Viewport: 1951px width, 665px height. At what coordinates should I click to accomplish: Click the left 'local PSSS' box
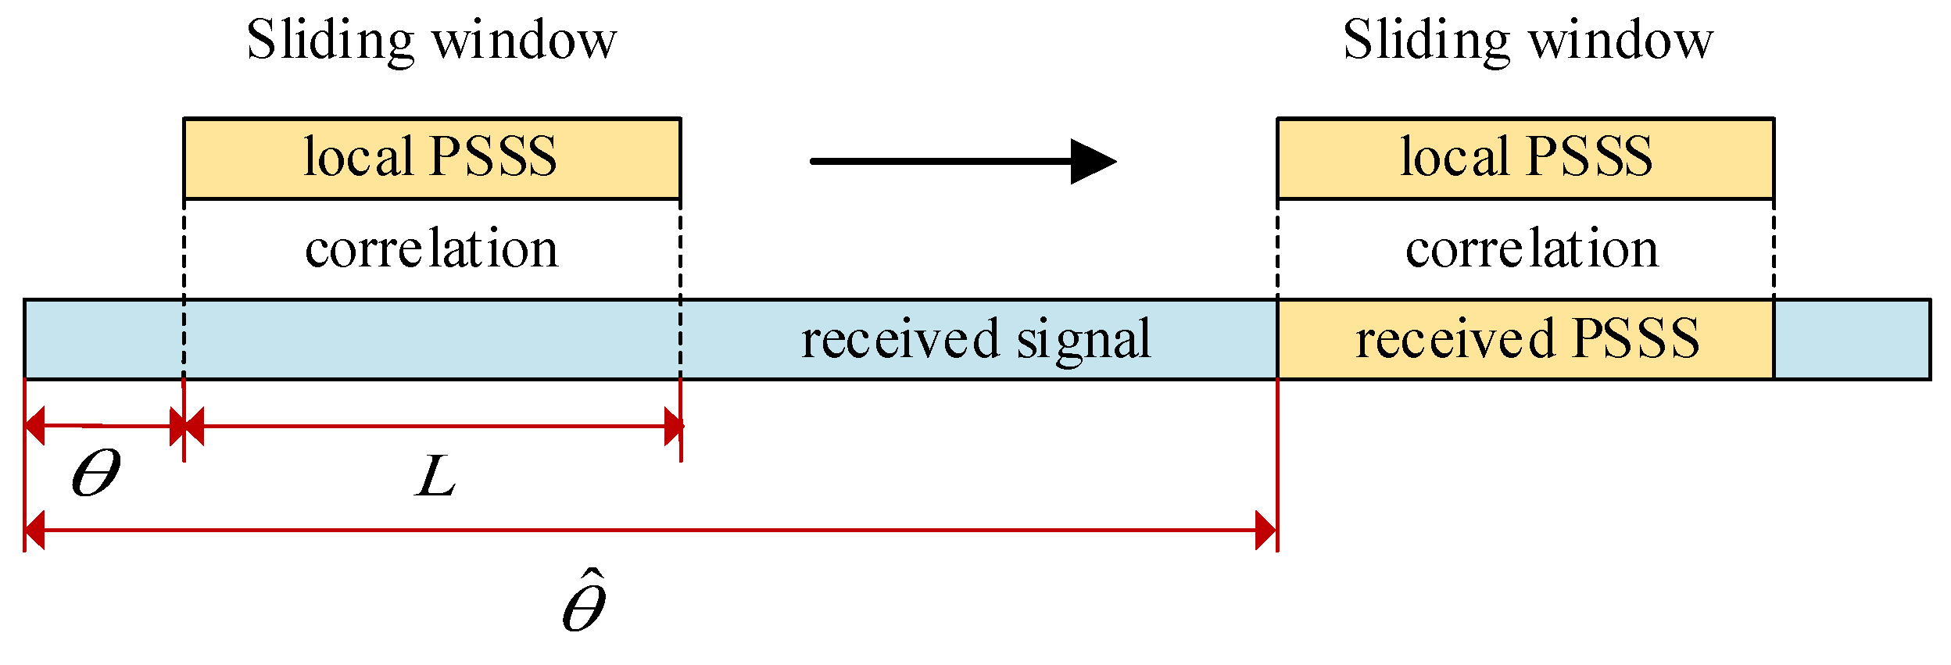[x=431, y=159]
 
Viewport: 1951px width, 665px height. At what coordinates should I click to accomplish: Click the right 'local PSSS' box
[x=1525, y=159]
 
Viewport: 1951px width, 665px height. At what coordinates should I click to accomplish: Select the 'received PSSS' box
[x=1525, y=339]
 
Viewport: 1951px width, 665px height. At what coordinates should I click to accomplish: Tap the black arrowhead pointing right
[x=1092, y=162]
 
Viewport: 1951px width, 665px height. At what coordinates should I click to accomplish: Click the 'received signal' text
[x=976, y=339]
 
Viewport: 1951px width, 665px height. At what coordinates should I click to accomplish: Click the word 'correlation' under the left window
[x=431, y=249]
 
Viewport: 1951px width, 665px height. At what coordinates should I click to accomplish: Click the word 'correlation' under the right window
[x=1531, y=249]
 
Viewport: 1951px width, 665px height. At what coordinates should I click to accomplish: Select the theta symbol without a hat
[x=95, y=474]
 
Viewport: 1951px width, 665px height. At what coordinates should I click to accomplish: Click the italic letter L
[x=435, y=477]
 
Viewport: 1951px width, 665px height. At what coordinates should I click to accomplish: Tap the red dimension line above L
[x=434, y=427]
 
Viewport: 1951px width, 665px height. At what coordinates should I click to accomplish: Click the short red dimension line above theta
[x=102, y=426]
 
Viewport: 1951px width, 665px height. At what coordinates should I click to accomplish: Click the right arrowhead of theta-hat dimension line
[x=1265, y=531]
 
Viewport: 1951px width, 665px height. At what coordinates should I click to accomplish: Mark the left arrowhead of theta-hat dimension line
[x=35, y=531]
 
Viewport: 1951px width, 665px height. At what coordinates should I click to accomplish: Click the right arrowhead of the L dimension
[x=673, y=427]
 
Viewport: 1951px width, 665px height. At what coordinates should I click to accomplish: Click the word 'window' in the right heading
[x=1620, y=41]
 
